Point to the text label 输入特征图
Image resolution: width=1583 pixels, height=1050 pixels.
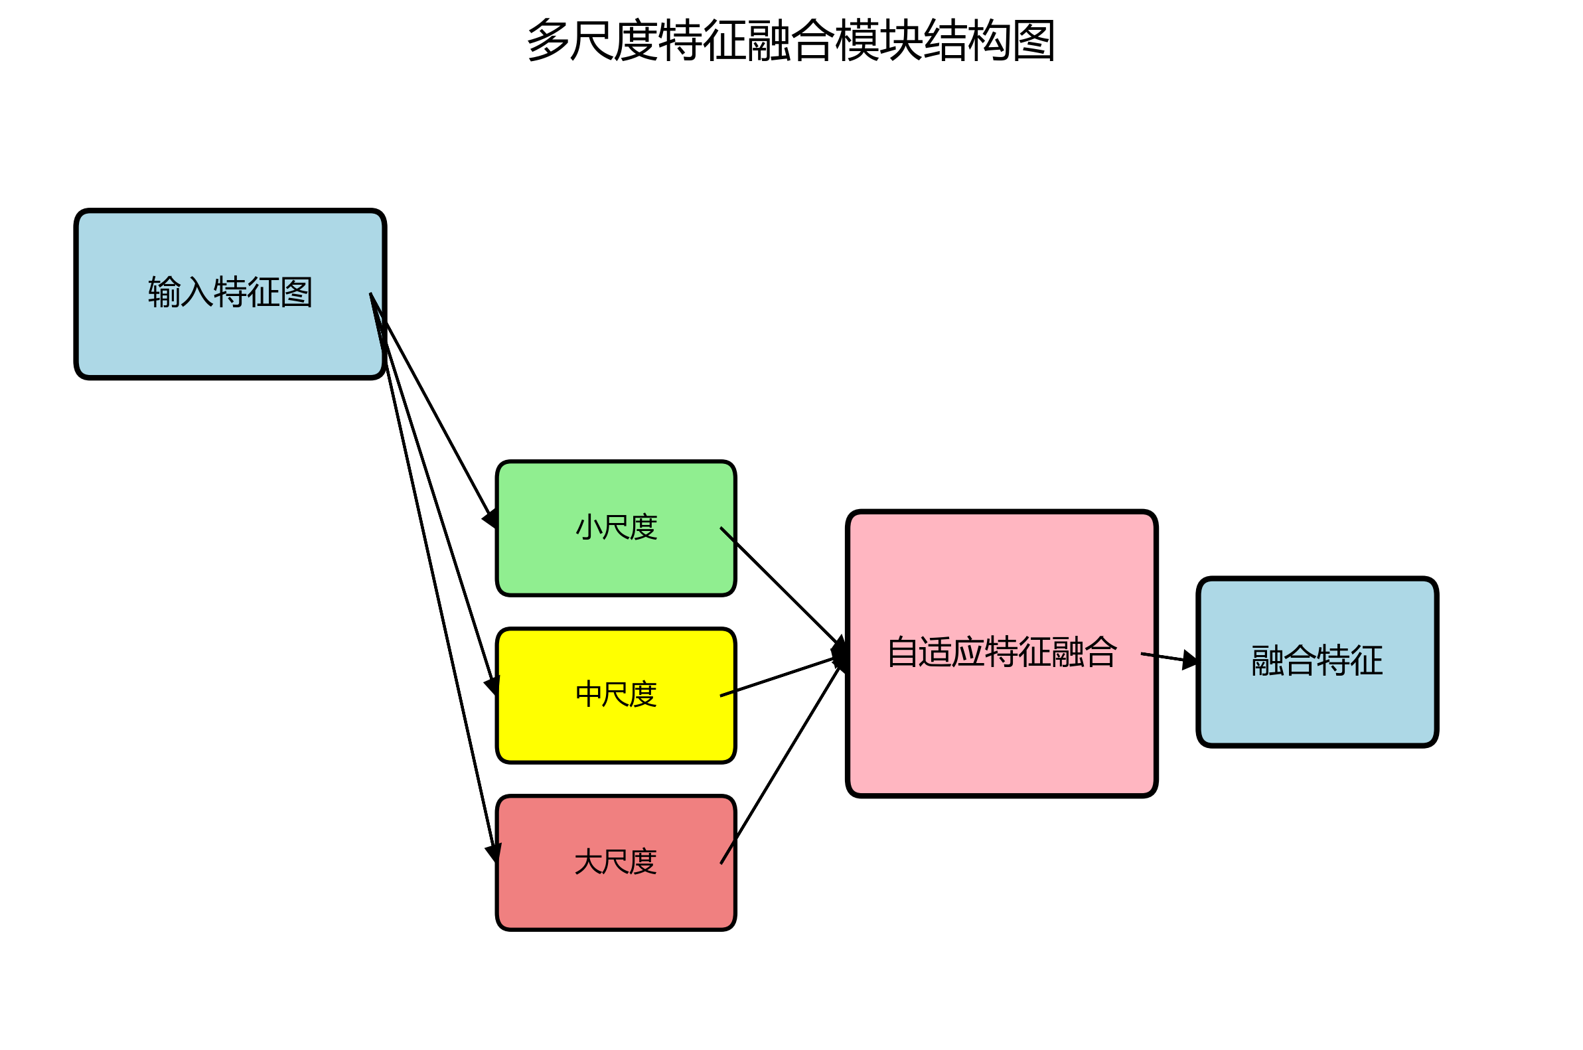230,293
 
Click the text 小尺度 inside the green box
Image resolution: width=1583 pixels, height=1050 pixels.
616,528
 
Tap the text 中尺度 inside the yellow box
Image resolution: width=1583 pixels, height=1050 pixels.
616,694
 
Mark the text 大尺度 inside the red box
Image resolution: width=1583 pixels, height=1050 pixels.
616,862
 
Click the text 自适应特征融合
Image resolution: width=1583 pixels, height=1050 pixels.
1002,652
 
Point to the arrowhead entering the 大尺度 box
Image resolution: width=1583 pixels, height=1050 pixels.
494,852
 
